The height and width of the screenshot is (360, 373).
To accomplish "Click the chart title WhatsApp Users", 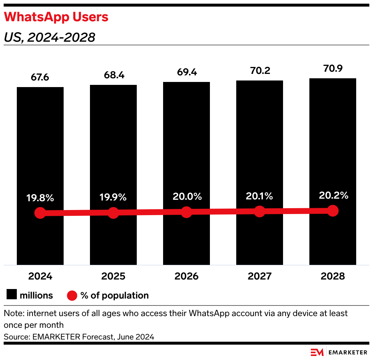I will (56, 17).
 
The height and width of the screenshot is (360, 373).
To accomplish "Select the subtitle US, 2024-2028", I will (49, 37).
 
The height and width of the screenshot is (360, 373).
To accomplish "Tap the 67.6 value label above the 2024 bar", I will (40, 78).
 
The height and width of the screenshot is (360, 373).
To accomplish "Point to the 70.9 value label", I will (333, 68).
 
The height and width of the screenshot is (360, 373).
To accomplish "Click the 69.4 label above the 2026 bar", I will (186, 72).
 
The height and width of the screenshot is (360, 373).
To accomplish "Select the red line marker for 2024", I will (40, 213).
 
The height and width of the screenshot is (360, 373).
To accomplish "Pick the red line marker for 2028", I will (333, 210).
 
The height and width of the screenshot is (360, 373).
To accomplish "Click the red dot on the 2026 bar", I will (186, 212).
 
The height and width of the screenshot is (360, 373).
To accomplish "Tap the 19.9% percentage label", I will (113, 197).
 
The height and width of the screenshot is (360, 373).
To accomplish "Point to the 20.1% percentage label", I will (260, 196).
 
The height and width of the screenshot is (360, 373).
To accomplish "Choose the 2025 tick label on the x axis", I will (113, 276).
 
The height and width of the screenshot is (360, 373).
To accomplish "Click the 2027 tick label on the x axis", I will (260, 276).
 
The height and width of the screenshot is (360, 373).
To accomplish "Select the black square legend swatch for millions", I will (11, 295).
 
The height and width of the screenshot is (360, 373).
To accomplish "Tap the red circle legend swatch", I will (72, 295).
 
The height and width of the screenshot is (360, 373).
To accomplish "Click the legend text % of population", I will (114, 295).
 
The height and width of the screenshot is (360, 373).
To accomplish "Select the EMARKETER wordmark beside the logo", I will (348, 352).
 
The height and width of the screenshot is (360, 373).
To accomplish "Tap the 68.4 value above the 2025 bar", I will (113, 75).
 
